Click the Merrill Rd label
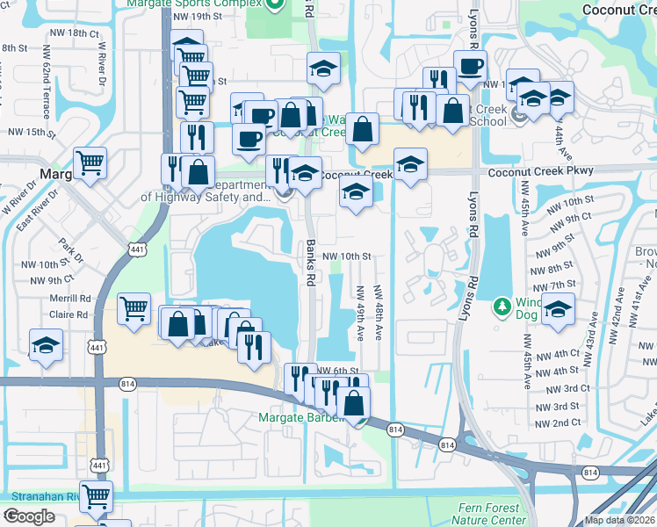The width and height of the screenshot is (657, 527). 72,299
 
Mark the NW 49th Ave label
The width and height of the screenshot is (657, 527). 360,313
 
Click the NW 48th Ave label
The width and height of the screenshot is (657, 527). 379,313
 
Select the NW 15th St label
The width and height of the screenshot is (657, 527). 32,133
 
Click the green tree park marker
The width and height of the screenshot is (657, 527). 502,307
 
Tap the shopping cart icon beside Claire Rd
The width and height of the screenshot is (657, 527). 134,308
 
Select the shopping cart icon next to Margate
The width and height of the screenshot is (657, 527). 90,162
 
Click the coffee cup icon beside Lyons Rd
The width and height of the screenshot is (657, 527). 470,66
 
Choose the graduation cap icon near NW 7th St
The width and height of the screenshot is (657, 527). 559,309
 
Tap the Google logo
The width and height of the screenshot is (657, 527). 29,516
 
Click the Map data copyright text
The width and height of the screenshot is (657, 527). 619,520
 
